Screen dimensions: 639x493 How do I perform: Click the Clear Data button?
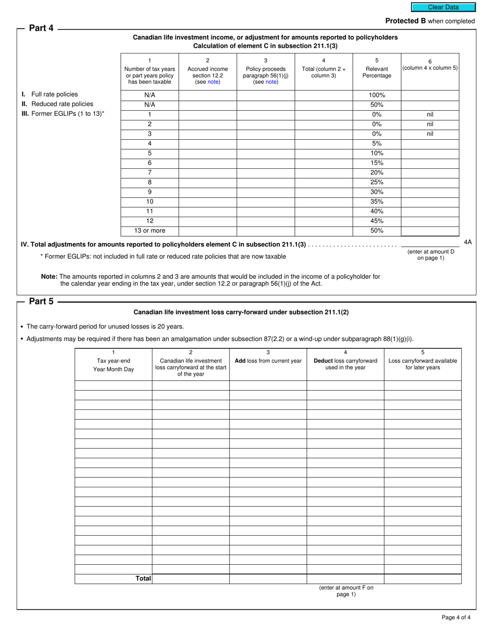tap(443, 7)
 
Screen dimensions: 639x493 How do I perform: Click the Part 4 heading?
tap(41, 29)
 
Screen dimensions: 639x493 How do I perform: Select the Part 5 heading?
tap(41, 301)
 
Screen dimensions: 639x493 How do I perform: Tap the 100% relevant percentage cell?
tap(377, 95)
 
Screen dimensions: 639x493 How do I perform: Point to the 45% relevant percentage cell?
tap(377, 221)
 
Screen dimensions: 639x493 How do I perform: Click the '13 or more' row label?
tap(149, 231)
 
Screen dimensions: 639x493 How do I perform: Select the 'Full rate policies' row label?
tap(54, 95)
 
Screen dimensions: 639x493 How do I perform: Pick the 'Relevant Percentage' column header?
tap(377, 72)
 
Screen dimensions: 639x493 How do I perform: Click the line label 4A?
tap(468, 242)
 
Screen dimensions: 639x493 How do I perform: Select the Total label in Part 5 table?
tap(143, 578)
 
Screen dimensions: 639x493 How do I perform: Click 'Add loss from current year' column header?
tap(268, 361)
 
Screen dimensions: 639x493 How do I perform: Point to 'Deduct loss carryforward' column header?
tap(345, 361)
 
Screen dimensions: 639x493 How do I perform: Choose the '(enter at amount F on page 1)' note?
tap(346, 591)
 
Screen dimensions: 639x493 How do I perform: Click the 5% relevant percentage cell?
tap(377, 143)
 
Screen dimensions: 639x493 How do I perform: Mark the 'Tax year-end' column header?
tap(113, 361)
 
